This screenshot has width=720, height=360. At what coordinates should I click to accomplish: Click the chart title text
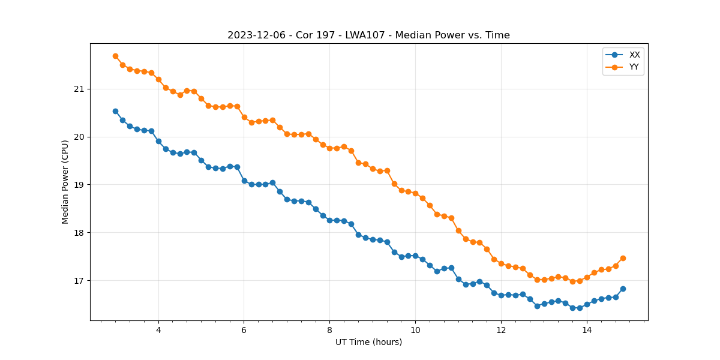click(368, 35)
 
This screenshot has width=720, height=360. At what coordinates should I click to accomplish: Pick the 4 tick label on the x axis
click(158, 330)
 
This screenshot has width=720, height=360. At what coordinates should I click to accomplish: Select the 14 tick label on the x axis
click(587, 330)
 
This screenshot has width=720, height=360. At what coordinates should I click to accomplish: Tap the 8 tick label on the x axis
click(329, 330)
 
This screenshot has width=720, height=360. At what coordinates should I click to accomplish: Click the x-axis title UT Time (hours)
click(368, 342)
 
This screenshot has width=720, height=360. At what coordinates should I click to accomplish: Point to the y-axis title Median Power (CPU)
click(65, 182)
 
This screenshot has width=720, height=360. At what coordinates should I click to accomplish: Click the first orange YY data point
click(115, 56)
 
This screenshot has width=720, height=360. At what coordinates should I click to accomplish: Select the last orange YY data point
click(623, 258)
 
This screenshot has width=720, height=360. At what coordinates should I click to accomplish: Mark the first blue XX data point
click(115, 111)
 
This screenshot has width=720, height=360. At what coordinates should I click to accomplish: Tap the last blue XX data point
click(623, 289)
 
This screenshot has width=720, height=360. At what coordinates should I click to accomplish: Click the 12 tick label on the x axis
click(501, 330)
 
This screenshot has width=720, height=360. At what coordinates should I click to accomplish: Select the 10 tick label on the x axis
click(415, 330)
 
